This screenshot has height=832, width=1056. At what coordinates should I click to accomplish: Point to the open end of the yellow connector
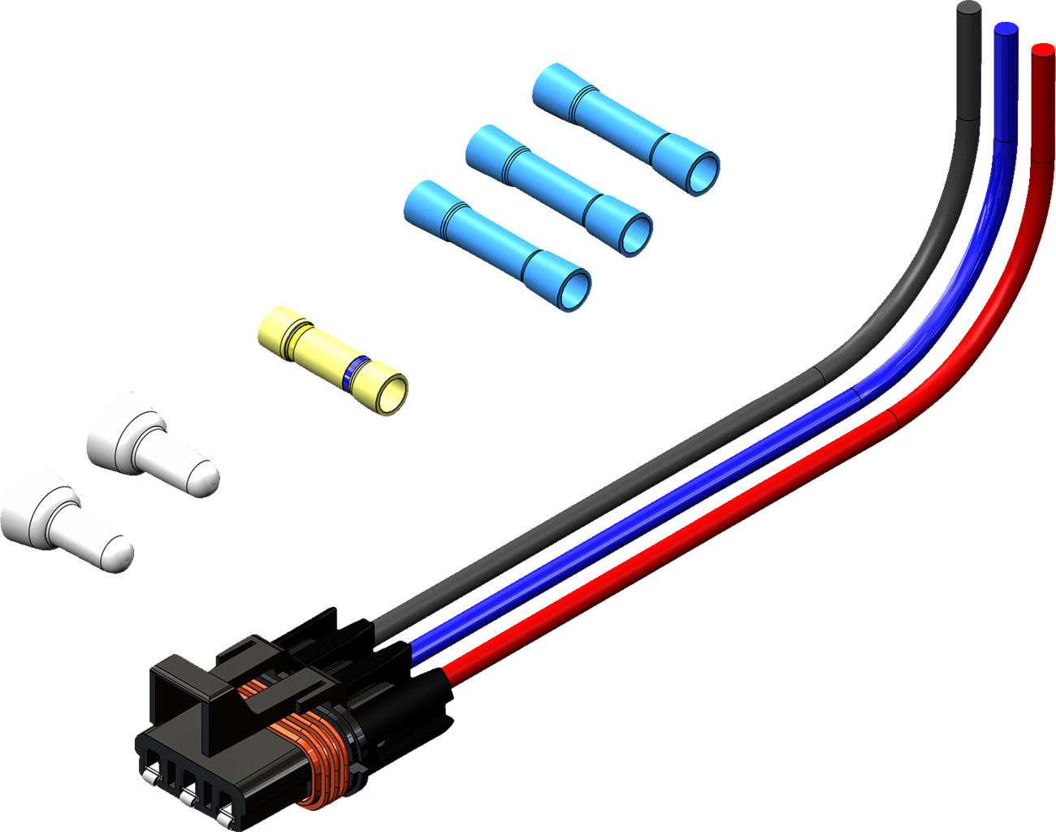391,395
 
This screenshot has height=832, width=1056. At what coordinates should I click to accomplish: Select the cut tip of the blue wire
1006,30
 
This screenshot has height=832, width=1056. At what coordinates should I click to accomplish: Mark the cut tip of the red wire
1042,50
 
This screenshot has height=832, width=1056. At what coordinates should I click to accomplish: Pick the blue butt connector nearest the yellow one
496,245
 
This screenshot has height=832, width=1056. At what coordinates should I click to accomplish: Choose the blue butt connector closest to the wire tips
625,128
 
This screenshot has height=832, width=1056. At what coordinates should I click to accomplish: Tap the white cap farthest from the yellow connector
65,519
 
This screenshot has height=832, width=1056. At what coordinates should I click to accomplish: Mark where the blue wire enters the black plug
414,648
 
